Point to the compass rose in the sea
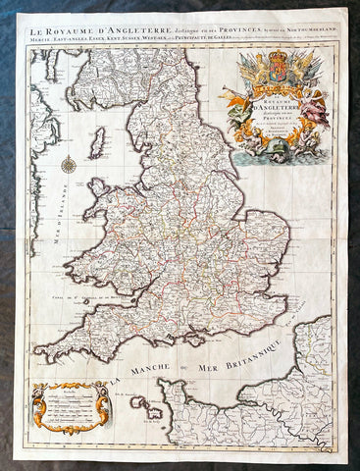pos(69,164)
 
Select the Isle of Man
pos(97,144)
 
